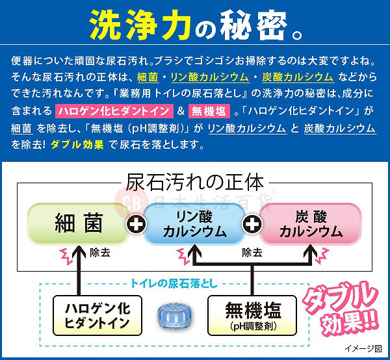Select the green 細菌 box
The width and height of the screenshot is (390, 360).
tap(77, 223)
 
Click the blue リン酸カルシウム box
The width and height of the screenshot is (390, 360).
tap(194, 223)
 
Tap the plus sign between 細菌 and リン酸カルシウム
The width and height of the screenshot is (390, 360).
tap(136, 224)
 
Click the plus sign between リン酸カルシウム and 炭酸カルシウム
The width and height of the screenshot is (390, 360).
tap(252, 224)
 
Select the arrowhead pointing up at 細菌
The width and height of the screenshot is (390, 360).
tap(79, 248)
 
